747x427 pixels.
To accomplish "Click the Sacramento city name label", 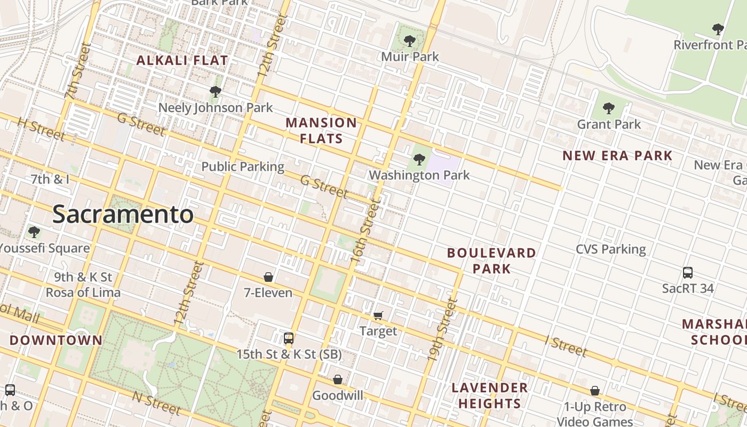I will click(123, 215).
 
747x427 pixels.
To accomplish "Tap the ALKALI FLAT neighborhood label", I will click(182, 60).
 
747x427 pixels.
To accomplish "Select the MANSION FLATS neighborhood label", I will click(321, 131).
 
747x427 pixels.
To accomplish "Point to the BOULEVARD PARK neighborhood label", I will click(491, 260).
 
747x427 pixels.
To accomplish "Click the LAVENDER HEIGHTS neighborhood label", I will click(490, 396).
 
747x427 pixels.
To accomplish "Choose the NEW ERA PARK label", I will click(617, 156).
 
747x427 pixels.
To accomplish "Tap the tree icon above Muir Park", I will click(410, 41).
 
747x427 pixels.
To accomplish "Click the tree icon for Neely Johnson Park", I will click(216, 92).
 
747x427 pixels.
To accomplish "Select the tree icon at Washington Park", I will click(419, 159).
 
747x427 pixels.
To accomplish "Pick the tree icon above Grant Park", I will click(609, 109).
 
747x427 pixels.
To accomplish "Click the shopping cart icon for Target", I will click(378, 315).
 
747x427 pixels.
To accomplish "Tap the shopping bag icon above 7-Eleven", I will click(268, 277).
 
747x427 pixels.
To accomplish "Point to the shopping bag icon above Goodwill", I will click(338, 379).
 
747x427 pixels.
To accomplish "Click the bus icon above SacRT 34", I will click(688, 273).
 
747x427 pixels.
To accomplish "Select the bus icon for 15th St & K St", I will click(289, 338).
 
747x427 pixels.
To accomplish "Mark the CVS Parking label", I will click(610, 249).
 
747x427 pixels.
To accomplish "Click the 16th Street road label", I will click(366, 230).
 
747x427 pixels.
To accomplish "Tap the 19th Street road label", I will click(443, 329).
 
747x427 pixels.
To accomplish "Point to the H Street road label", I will click(42, 129).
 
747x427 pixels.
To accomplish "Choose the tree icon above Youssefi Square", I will click(34, 232).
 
